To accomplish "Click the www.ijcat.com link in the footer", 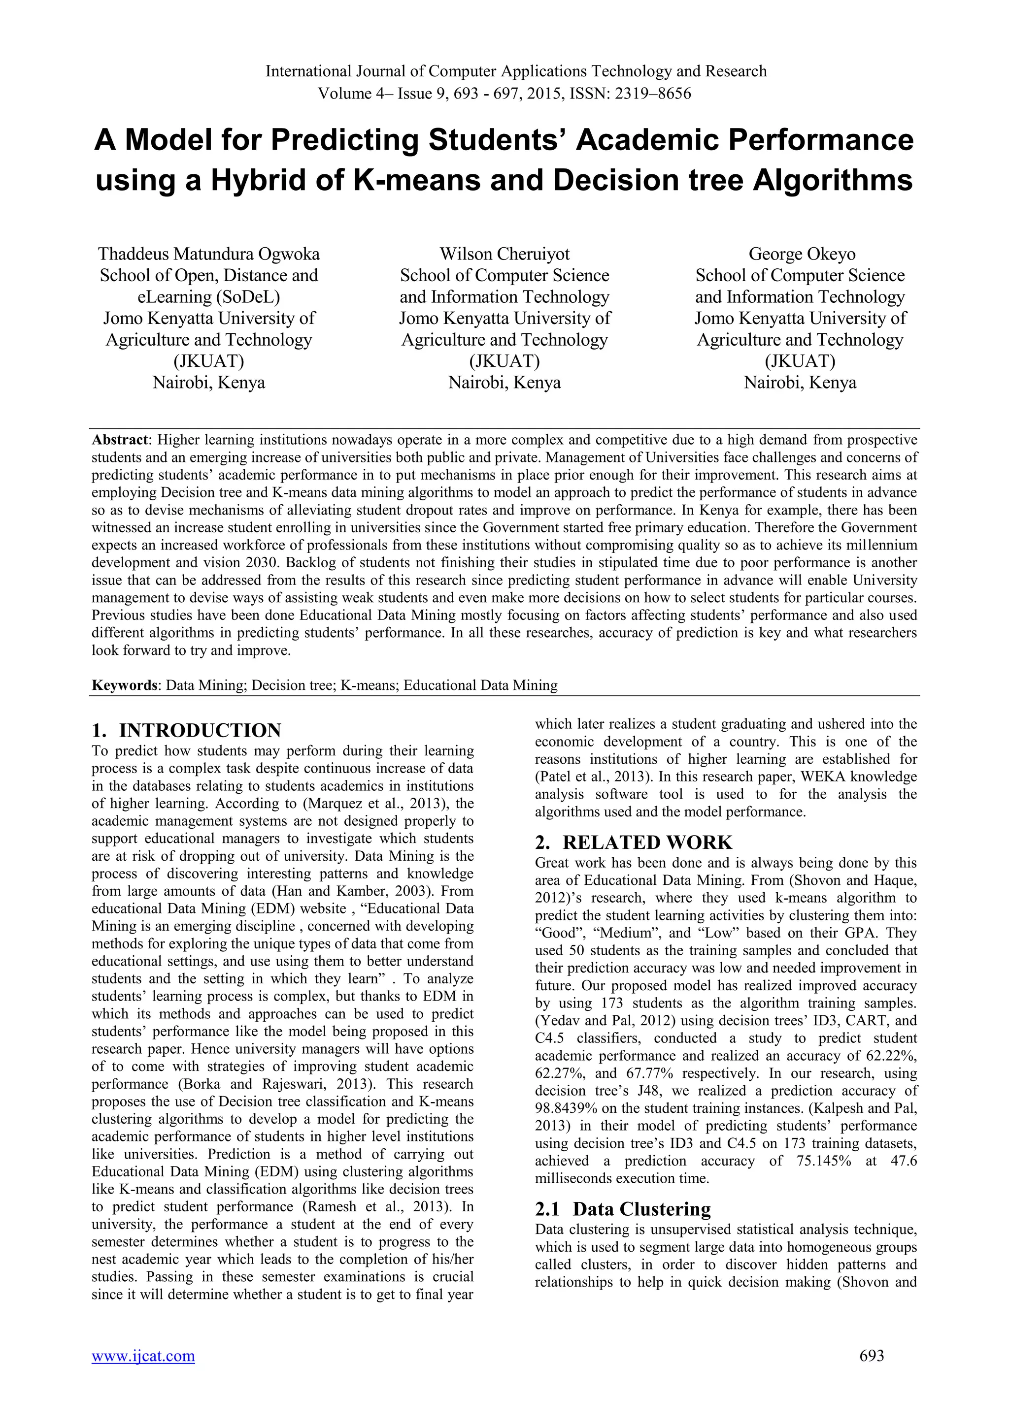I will (x=143, y=1356).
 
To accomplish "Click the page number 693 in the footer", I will (x=872, y=1355).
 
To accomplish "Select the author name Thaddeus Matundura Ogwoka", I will (x=209, y=254).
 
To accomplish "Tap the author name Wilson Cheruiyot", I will (x=504, y=254).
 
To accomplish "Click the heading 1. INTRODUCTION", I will (x=186, y=730).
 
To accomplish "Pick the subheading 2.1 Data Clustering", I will (x=623, y=1209).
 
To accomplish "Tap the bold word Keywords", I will (x=125, y=686).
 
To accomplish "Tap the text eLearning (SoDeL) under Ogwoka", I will (x=209, y=297).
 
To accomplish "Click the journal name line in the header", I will (x=516, y=71).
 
